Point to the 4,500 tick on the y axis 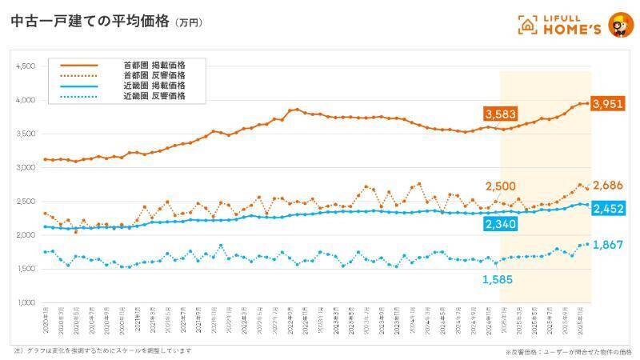(x=25, y=67)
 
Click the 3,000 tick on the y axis (x=25, y=168)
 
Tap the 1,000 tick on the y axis (x=25, y=303)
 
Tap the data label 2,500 (x=501, y=187)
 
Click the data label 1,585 (x=498, y=279)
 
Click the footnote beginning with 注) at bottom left (x=102, y=350)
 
